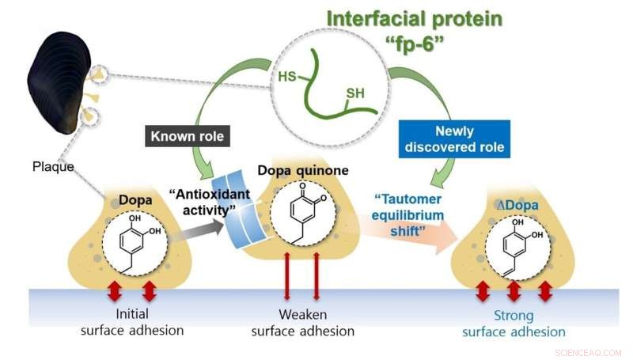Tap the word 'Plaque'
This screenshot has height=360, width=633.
(53, 167)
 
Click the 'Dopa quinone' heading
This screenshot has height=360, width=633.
(304, 170)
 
